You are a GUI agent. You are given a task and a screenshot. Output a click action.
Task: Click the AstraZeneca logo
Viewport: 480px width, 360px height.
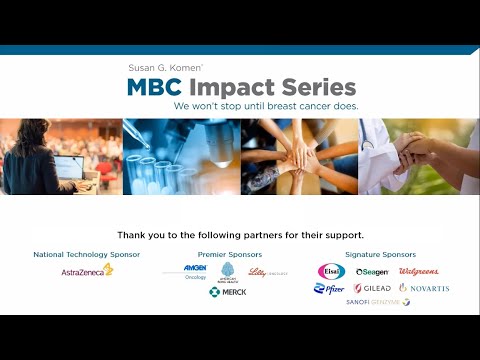[88, 270]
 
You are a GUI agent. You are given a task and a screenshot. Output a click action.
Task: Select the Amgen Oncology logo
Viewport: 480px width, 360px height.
[195, 270]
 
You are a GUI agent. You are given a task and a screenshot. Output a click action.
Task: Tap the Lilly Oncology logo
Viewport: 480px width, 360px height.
[268, 272]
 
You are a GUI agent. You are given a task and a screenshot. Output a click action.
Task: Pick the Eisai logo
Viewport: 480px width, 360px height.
[331, 271]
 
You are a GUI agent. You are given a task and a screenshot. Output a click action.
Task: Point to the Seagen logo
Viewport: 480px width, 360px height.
[372, 271]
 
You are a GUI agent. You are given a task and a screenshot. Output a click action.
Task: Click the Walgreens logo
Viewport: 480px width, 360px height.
[418, 271]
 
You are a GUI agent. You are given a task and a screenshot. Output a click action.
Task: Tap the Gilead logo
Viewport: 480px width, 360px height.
[373, 288]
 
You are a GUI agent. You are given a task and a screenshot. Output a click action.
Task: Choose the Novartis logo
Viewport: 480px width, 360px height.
[424, 288]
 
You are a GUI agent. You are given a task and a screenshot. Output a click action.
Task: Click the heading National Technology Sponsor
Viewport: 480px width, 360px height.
[88, 254]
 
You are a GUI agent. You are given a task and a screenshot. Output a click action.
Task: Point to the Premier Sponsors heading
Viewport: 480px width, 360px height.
[227, 254]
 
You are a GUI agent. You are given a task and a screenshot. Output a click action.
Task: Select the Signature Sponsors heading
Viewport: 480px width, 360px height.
[380, 254]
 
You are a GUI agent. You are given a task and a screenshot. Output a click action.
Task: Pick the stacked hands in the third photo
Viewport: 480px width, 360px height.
[297, 156]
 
